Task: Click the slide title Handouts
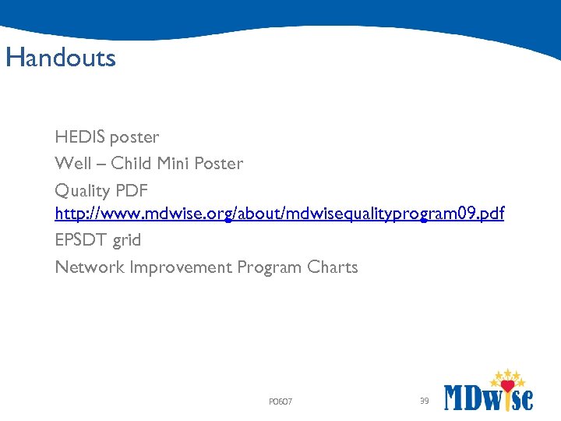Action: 60,58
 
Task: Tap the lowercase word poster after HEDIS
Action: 134,138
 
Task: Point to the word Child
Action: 132,164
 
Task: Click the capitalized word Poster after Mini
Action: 218,164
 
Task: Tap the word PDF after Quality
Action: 132,190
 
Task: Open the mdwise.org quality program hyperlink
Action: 279,214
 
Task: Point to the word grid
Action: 126,241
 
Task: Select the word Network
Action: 90,267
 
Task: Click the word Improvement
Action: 181,267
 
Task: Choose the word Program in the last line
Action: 270,267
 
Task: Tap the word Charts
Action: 333,267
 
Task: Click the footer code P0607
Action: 280,402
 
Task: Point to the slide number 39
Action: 424,401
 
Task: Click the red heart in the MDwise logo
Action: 509,386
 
